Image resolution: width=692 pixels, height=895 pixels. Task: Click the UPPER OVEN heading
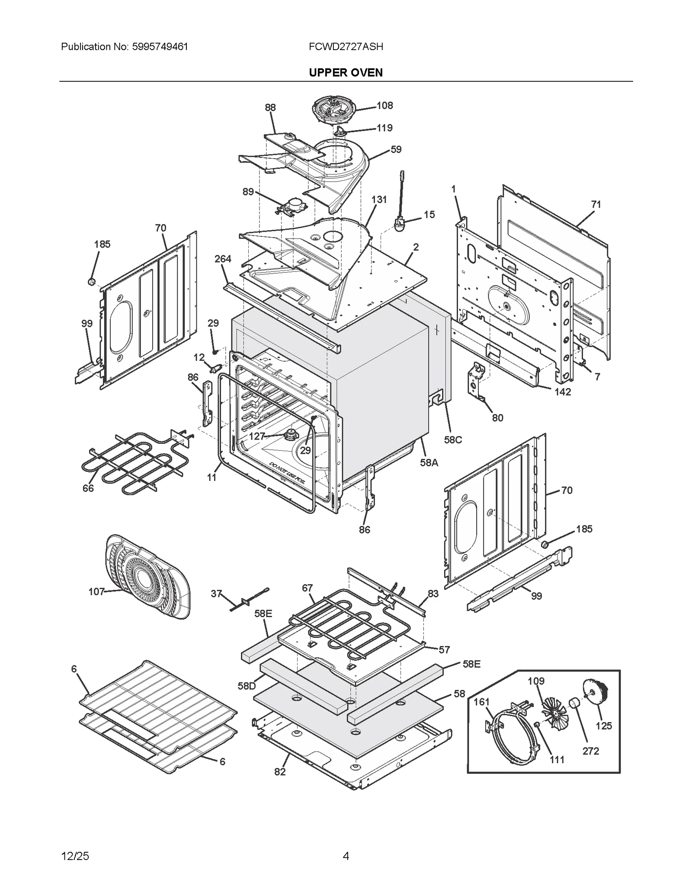point(346,73)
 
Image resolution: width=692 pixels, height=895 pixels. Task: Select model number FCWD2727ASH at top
point(346,47)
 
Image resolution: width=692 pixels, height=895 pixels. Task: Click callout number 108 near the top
point(384,105)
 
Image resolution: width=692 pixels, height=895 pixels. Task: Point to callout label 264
point(223,259)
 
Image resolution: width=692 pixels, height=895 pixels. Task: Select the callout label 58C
point(453,440)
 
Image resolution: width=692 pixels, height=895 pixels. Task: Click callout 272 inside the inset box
point(590,751)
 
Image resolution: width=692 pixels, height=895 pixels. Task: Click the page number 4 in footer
point(346,856)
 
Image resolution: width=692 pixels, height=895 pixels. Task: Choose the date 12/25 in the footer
point(75,856)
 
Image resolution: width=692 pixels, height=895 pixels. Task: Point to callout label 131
point(379,200)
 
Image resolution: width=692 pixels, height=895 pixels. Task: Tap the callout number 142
point(563,392)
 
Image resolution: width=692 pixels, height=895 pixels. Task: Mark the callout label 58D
point(247,686)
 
